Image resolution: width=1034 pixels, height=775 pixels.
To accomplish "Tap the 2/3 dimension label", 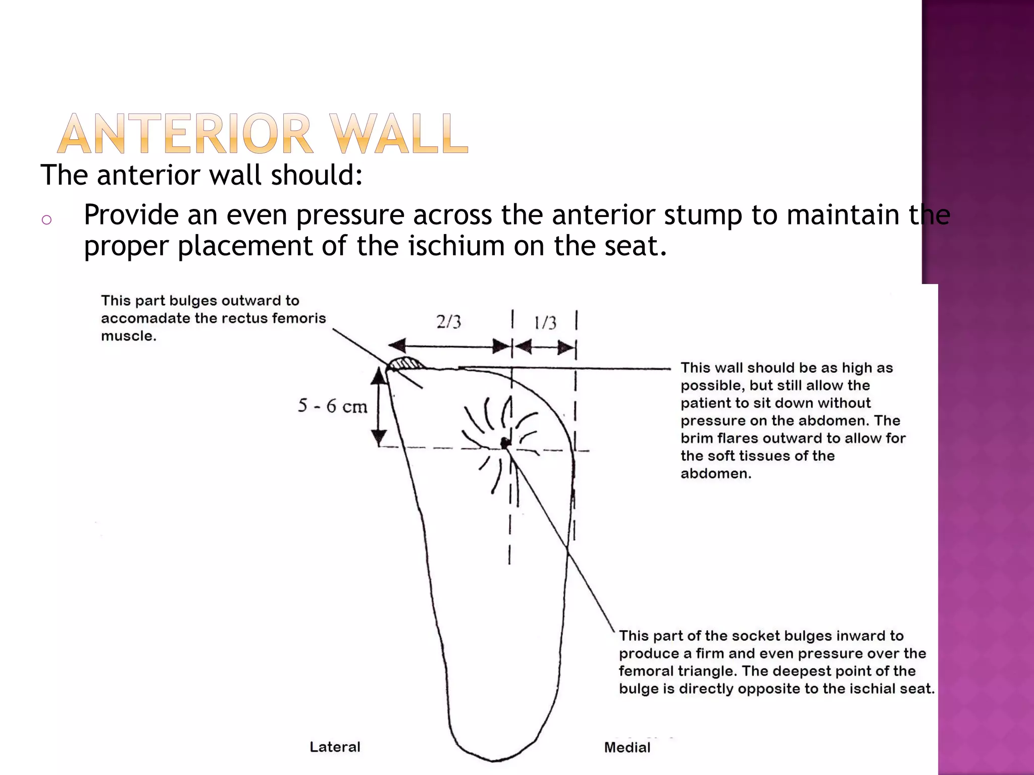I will point(448,322).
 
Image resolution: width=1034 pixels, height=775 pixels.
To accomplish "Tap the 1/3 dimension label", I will point(545,323).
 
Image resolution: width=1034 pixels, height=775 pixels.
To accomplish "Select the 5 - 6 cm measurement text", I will point(332,406).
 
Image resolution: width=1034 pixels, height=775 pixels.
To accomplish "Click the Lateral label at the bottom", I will point(335,747).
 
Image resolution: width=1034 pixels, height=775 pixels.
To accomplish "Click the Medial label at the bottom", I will point(627,747).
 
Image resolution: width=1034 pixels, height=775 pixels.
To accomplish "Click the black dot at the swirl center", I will point(505,444).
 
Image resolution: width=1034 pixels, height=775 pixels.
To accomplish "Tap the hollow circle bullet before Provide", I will point(46,219).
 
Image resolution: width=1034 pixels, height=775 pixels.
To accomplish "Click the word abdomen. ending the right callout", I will point(715,474).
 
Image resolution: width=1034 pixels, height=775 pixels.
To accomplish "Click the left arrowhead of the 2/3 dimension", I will point(397,346).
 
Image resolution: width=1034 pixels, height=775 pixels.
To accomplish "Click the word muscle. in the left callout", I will point(128,336).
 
